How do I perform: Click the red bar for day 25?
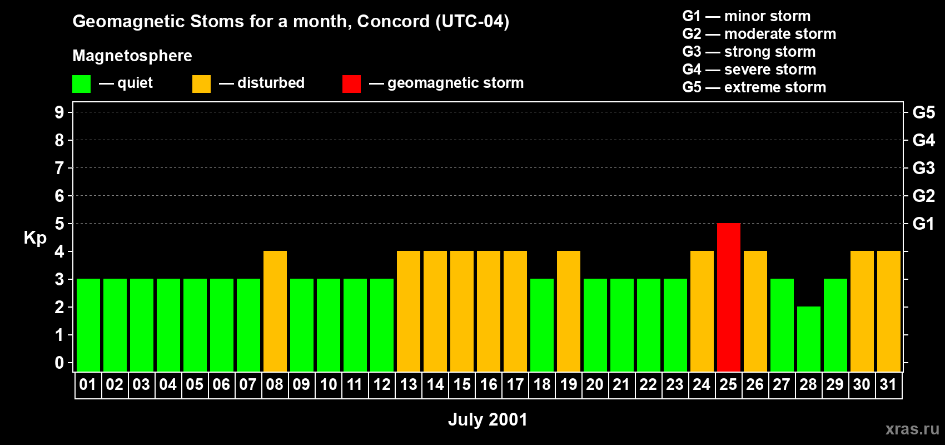click(729, 297)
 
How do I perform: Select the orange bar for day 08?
click(275, 311)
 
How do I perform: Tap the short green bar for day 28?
click(809, 339)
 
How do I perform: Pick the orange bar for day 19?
click(569, 311)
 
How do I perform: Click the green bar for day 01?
click(88, 325)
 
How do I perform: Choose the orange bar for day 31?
click(889, 311)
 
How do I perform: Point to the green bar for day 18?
click(542, 325)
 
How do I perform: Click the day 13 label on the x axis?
click(409, 384)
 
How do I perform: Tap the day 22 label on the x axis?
click(648, 384)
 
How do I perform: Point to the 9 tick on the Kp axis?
click(59, 112)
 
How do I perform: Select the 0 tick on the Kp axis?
click(59, 363)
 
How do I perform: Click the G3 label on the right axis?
click(923, 168)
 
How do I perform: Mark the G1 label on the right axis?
click(923, 224)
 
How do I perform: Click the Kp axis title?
click(35, 238)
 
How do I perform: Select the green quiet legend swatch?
click(81, 83)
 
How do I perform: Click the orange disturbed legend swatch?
click(201, 83)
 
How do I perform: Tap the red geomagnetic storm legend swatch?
click(352, 83)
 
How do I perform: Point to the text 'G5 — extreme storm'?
click(754, 87)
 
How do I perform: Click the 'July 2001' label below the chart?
click(488, 419)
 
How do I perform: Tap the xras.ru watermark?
click(913, 429)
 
